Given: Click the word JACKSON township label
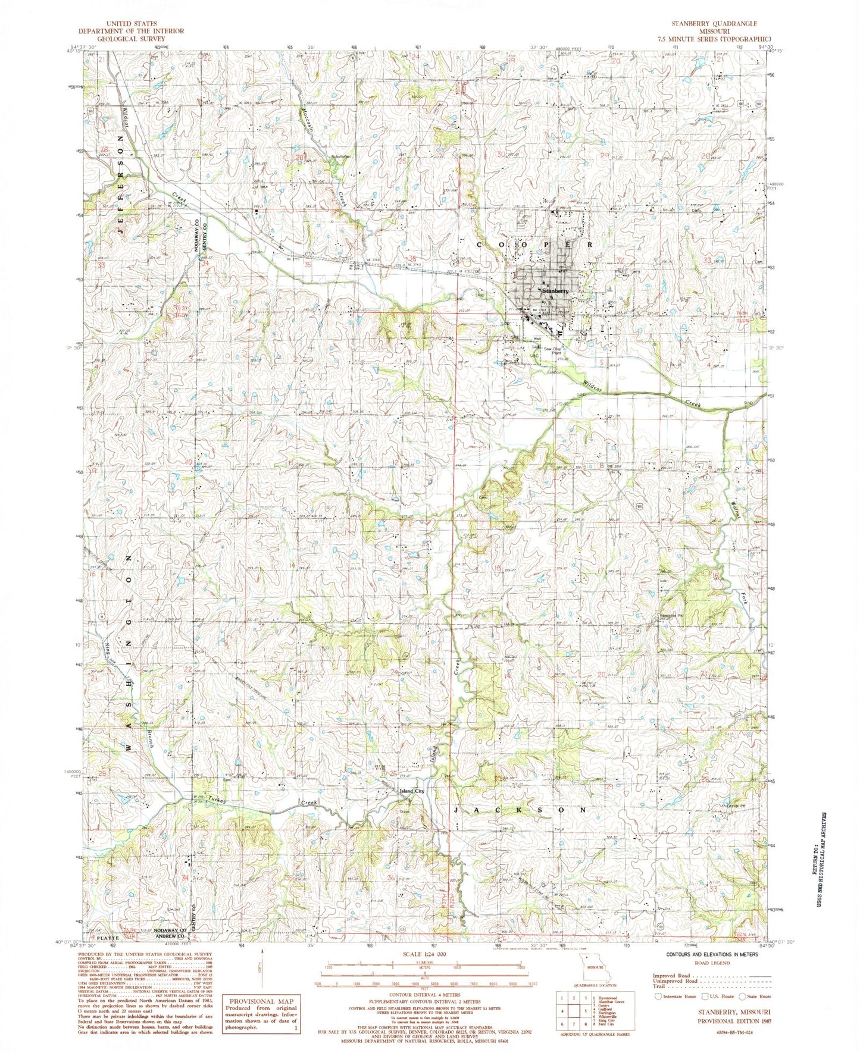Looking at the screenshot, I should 520,810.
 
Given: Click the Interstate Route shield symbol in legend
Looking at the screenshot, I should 658,1013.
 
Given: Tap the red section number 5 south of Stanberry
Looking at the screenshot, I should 602,362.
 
